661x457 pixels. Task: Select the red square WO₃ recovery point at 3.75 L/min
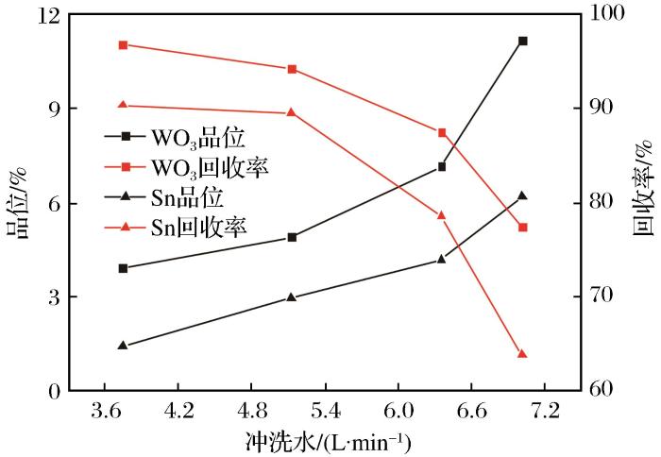[x=123, y=44]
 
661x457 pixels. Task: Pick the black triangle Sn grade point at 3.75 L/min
[x=123, y=346]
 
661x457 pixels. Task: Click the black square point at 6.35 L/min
[x=441, y=167]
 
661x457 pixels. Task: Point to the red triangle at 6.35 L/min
[x=441, y=215]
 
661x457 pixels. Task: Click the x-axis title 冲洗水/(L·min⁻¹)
[x=330, y=441]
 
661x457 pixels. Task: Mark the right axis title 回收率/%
[x=644, y=201]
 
